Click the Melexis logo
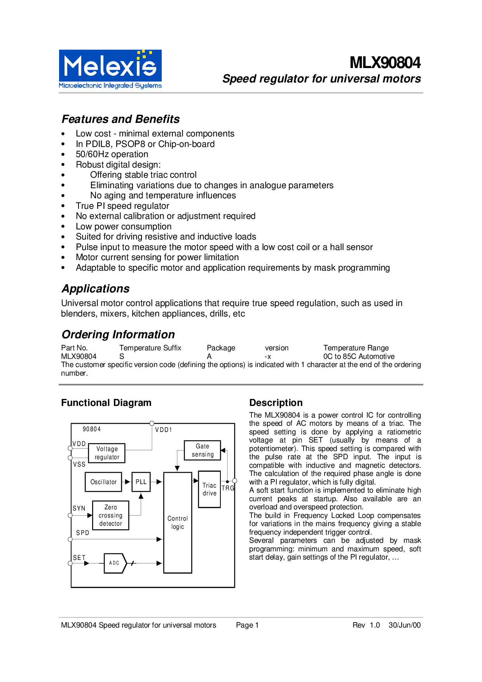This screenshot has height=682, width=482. point(110,69)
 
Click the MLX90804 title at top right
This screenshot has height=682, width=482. point(385,63)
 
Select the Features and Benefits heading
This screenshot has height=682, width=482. point(120,119)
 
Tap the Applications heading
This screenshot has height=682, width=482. point(95,289)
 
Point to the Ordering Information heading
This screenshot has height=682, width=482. point(118,334)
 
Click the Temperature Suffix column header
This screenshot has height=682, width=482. point(150,348)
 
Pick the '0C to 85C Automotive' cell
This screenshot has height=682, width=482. point(359,356)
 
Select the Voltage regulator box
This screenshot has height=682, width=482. point(107,453)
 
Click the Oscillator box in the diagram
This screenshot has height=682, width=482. point(103,482)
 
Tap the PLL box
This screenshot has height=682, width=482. point(141,482)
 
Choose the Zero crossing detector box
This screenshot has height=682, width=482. point(110,515)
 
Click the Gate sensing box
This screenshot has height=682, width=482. point(203,450)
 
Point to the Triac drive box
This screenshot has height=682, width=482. point(210,489)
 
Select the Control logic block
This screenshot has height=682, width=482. point(178,523)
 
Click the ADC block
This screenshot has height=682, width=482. point(115,563)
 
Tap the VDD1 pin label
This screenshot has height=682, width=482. point(163,430)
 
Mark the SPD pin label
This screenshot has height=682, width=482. point(82,533)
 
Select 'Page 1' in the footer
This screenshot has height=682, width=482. point(247,625)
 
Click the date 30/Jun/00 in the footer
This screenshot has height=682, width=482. point(404,625)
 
